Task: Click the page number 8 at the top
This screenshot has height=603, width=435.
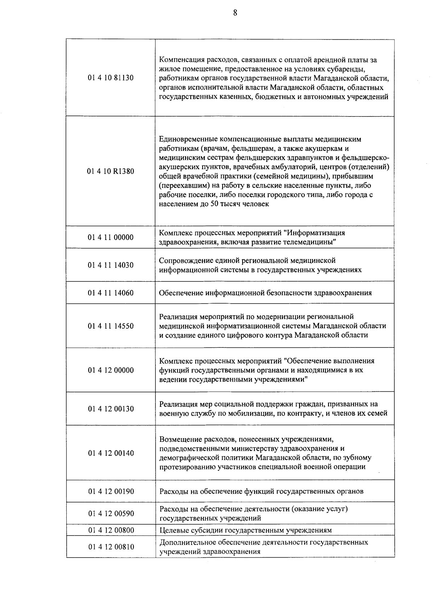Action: point(235,13)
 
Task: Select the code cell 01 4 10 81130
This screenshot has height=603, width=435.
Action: point(111,78)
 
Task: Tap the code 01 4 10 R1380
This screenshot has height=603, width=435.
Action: point(111,171)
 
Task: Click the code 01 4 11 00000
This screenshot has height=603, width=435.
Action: point(111,237)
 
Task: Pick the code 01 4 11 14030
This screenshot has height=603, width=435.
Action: point(111,265)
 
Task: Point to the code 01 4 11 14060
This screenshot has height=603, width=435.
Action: point(111,293)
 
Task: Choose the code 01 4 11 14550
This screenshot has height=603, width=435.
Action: point(111,326)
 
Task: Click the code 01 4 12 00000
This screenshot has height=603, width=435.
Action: point(111,370)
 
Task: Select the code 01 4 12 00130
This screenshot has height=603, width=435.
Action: point(111,409)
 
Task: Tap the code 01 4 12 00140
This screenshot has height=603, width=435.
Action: point(111,453)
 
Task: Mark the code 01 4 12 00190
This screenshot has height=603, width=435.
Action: point(111,492)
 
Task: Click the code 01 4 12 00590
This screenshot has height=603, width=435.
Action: point(111,514)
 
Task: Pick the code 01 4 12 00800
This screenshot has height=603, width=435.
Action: point(111,530)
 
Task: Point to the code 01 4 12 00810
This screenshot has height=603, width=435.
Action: point(111,547)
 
